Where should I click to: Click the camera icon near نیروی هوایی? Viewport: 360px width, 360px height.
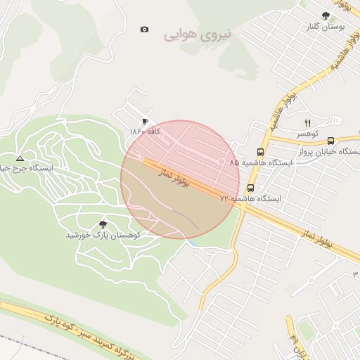point(144,30)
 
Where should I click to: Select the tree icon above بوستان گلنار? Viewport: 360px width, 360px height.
point(325,15)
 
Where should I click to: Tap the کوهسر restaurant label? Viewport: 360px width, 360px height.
point(307,133)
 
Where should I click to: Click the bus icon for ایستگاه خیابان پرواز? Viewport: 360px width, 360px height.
point(331,140)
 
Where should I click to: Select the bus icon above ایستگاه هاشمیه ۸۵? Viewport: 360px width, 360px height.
point(260,151)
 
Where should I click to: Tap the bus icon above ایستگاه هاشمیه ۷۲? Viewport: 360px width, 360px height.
point(250,188)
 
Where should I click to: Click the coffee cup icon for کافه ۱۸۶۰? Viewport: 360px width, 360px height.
point(145,121)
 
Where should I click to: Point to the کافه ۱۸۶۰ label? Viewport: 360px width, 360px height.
point(145,131)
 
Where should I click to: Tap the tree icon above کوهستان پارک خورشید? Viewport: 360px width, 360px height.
point(103,224)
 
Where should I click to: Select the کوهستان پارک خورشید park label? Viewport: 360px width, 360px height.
point(103,235)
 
